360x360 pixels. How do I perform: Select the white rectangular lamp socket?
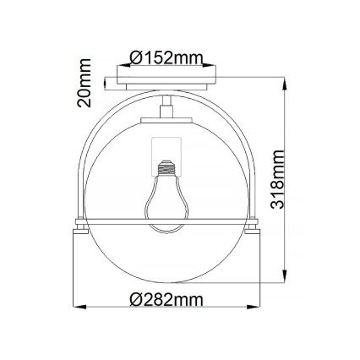pyautogui.click(x=167, y=152)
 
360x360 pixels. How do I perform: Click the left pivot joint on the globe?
pyautogui.click(x=82, y=224)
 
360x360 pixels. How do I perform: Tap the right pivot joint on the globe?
pyautogui.click(x=254, y=224)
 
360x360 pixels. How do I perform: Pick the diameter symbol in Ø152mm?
pyautogui.click(x=138, y=57)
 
